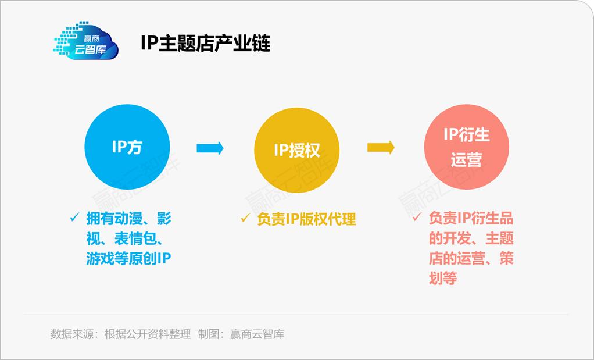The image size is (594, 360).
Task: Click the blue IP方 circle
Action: tap(127, 148)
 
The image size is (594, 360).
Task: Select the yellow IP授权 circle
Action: tap(296, 150)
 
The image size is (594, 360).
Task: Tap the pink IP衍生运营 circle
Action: tap(466, 148)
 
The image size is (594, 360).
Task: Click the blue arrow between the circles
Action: tap(210, 148)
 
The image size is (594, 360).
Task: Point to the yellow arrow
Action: tap(381, 148)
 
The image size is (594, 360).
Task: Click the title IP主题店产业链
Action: tap(205, 44)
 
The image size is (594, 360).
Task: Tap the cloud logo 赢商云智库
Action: tap(86, 40)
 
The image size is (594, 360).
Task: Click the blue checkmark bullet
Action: tap(74, 218)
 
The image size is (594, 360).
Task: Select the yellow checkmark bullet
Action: tap(245, 219)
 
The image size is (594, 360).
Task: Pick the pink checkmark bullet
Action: tap(417, 218)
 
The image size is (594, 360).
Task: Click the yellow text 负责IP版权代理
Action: tap(306, 219)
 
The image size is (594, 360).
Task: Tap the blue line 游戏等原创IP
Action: tap(128, 259)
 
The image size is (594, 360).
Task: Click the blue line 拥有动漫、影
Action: tap(128, 219)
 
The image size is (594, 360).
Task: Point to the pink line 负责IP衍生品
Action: tap(471, 219)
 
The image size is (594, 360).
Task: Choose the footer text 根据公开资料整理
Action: tap(147, 334)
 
